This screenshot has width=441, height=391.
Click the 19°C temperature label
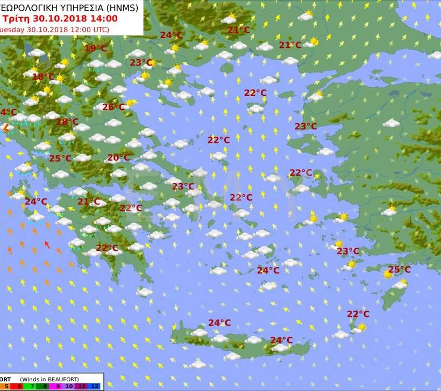click(x=95, y=48)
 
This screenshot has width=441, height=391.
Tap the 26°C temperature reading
click(x=113, y=107)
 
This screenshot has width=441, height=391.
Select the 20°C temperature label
click(x=118, y=158)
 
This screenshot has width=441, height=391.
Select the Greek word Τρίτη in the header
click(x=13, y=18)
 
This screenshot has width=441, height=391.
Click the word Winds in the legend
click(x=31, y=380)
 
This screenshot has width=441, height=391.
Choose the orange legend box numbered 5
click(x=6, y=386)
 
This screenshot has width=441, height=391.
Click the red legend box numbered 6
click(x=20, y=386)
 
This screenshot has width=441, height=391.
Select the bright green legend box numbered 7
click(x=33, y=386)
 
